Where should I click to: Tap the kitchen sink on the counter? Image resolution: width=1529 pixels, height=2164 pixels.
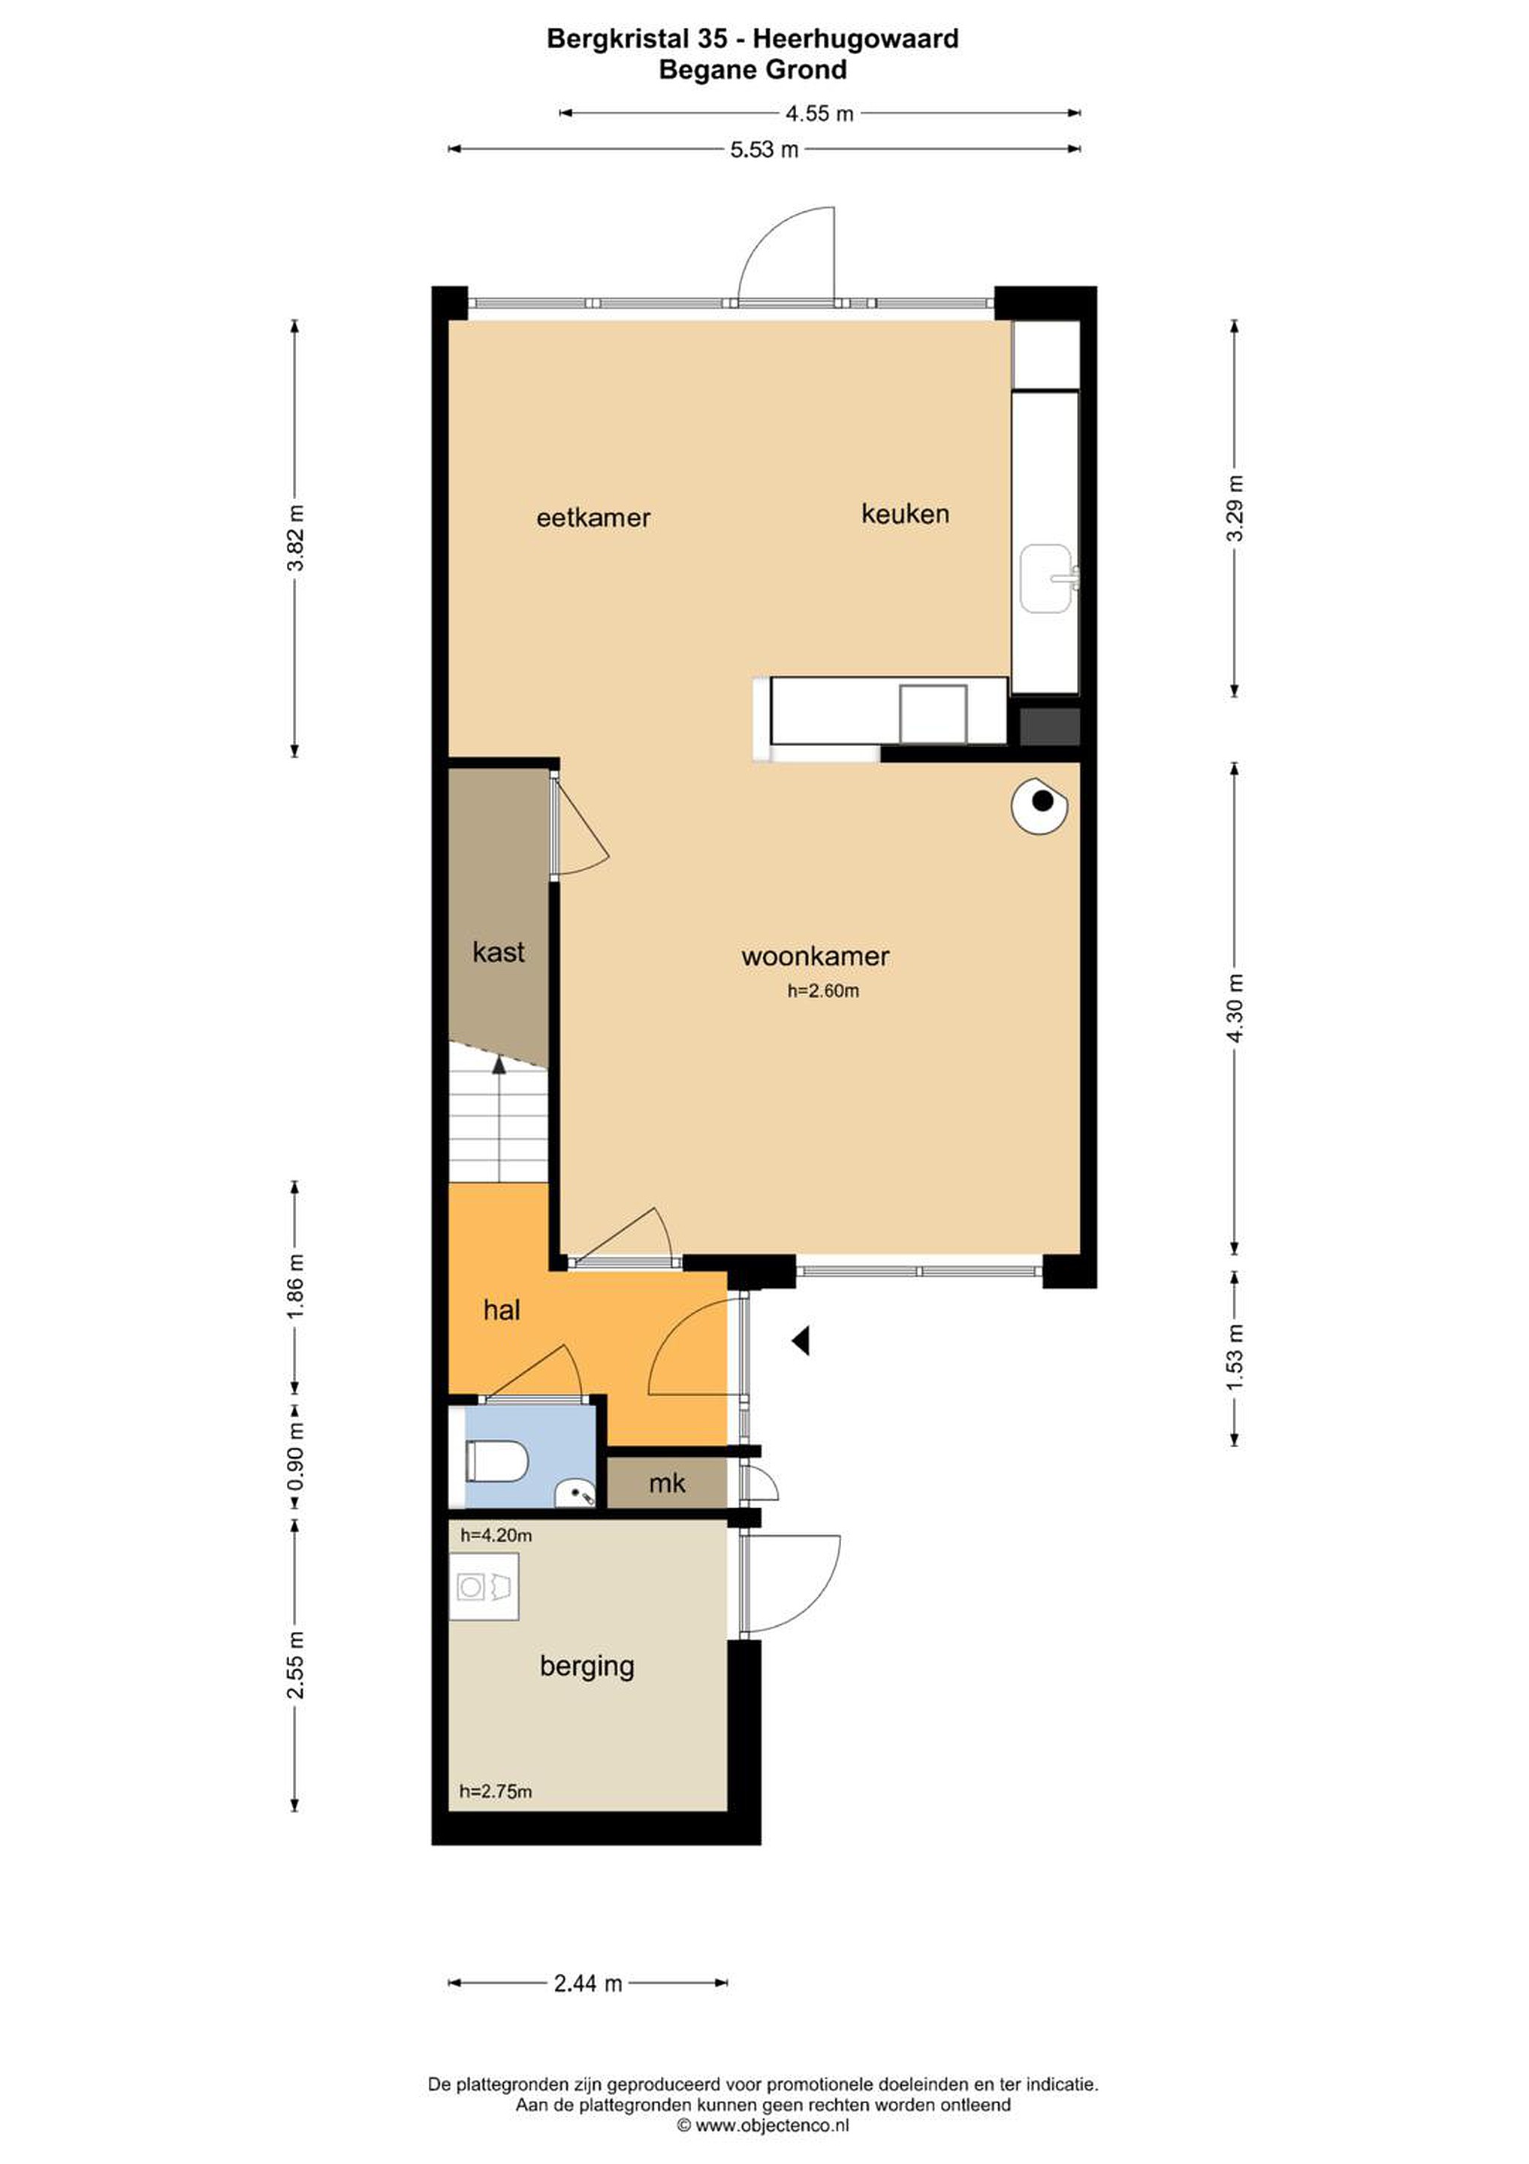click(1048, 579)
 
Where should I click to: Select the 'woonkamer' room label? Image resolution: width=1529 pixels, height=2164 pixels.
click(815, 957)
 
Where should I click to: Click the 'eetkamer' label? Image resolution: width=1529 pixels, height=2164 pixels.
click(593, 518)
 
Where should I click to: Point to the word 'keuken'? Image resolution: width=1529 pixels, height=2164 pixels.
click(906, 514)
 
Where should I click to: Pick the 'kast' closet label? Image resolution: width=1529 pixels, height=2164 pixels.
click(499, 952)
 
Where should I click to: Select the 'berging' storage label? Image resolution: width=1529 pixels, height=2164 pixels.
click(587, 1667)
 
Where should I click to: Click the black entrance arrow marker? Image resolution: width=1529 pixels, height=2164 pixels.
click(802, 1340)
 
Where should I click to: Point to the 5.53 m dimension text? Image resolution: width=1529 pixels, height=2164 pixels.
click(764, 149)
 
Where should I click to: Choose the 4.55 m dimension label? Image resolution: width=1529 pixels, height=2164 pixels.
click(819, 114)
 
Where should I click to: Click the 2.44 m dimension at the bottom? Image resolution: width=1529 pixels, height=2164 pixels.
click(588, 1983)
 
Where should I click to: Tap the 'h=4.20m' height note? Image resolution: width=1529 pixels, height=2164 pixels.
click(496, 1535)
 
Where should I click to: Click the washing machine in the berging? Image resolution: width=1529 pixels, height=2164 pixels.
click(484, 1587)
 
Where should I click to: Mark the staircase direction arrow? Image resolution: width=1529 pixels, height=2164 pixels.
click(499, 1119)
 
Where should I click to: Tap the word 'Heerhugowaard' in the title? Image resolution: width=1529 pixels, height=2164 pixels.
click(855, 38)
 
